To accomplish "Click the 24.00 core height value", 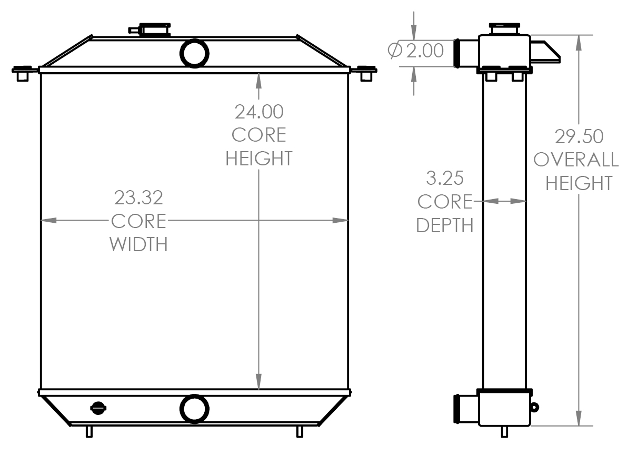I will tap(258, 112).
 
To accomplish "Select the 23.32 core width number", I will tap(138, 198).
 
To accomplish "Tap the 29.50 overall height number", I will tap(579, 136).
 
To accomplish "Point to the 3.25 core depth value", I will tap(445, 179).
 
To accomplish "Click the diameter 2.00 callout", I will tap(416, 51).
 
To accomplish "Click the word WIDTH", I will tap(138, 244).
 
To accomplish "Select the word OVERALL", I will tap(576, 160).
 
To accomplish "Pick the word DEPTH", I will tap(445, 225).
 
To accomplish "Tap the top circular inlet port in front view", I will tap(195, 53).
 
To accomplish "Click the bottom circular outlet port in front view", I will tap(195, 409).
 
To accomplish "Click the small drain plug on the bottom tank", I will tap(98, 407).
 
